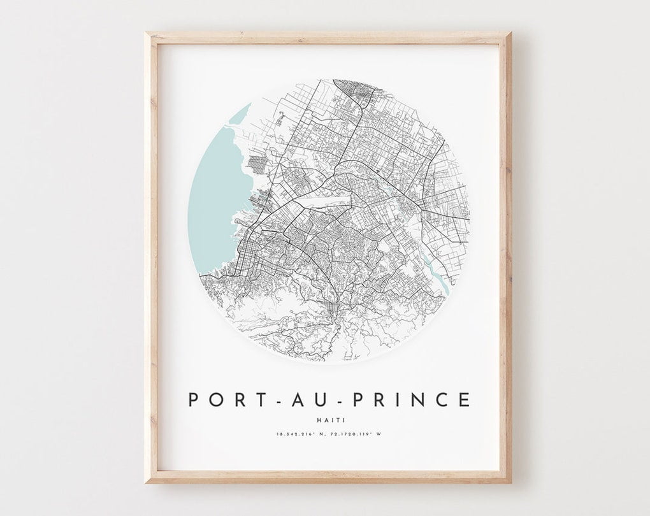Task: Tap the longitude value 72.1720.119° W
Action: (359, 434)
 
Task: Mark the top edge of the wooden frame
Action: (328, 38)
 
